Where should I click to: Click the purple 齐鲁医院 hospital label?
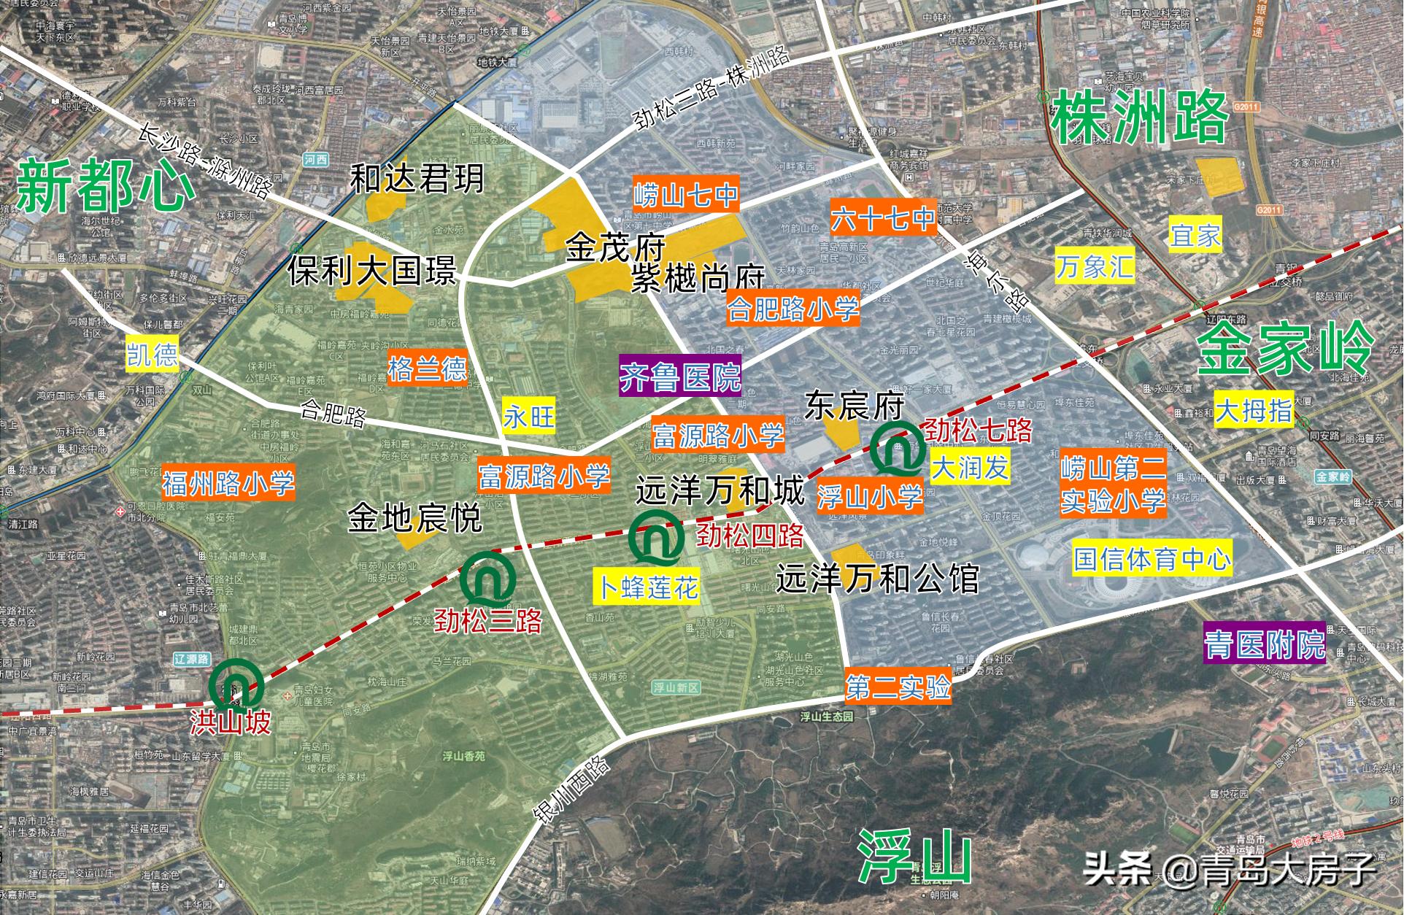679,377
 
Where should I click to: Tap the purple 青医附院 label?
1264,644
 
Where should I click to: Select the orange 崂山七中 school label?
685,195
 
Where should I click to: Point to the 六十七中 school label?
883,217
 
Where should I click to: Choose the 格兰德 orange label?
427,368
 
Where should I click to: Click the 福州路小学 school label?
228,483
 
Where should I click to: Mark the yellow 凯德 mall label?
152,355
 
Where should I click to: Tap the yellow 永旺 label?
529,417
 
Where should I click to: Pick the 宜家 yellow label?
1195,235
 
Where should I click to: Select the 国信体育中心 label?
1152,559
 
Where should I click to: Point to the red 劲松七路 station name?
978,431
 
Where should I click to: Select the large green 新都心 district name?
106,187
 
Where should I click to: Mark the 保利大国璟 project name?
371,271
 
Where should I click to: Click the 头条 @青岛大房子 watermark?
1229,869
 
